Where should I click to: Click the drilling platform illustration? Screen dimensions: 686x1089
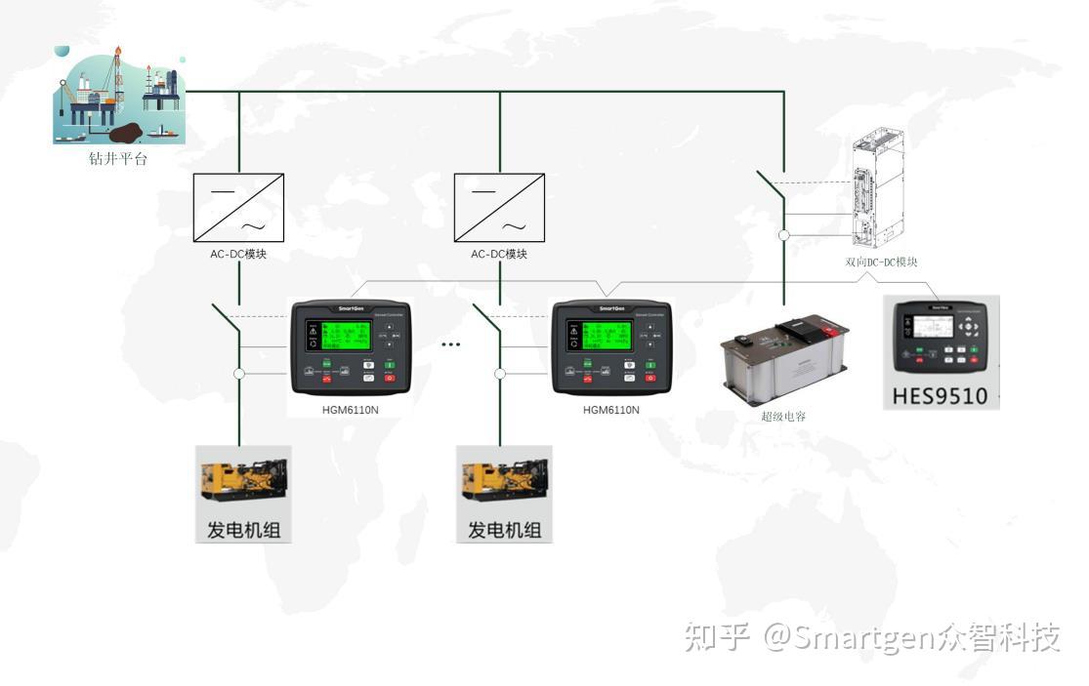tap(118, 95)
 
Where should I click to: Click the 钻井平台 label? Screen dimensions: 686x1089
tap(118, 159)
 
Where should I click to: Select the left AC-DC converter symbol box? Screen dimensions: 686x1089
tap(239, 207)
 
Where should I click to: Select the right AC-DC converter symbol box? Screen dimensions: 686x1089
tap(499, 207)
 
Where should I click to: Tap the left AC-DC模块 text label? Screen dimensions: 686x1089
tap(238, 254)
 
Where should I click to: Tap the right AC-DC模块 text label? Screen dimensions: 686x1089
tap(499, 254)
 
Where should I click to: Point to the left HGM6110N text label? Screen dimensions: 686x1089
tap(350, 410)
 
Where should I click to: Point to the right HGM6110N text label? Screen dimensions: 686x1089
tap(610, 410)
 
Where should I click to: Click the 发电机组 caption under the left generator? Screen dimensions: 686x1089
tap(243, 530)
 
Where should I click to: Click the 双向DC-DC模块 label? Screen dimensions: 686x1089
tap(881, 262)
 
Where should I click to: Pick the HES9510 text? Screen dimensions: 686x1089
tap(941, 395)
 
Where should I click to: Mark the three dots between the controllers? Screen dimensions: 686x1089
tap(450, 344)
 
